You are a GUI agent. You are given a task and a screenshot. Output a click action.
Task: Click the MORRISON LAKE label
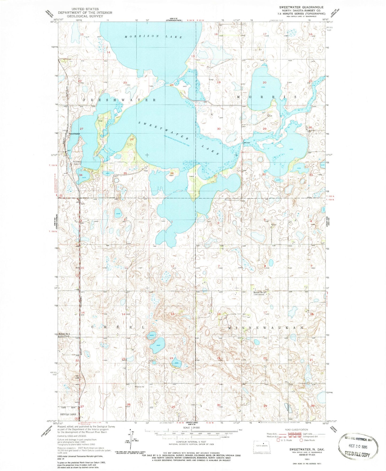[153, 37]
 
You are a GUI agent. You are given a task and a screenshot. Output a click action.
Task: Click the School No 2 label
[260, 293]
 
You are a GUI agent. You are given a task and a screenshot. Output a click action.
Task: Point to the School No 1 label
[64, 334]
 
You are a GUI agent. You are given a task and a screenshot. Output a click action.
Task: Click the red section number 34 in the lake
[81, 175]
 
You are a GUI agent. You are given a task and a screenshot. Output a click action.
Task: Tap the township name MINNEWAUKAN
[266, 327]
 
